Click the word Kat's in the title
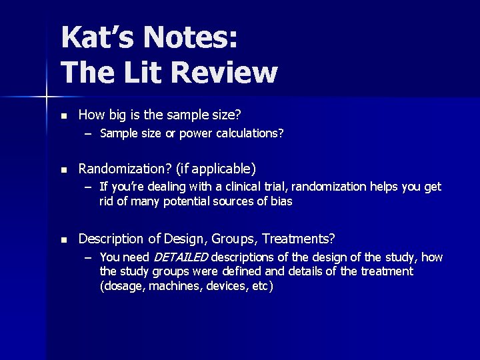click(x=92, y=37)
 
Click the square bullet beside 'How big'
click(x=63, y=115)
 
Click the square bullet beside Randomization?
click(x=63, y=169)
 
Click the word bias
click(x=282, y=201)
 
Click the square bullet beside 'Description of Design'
click(x=63, y=239)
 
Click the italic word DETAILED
click(x=181, y=257)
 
